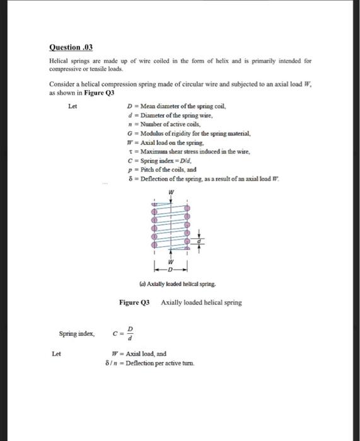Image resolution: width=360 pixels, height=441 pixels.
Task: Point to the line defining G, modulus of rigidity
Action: click(180, 134)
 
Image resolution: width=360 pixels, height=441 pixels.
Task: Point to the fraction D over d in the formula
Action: click(131, 331)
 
